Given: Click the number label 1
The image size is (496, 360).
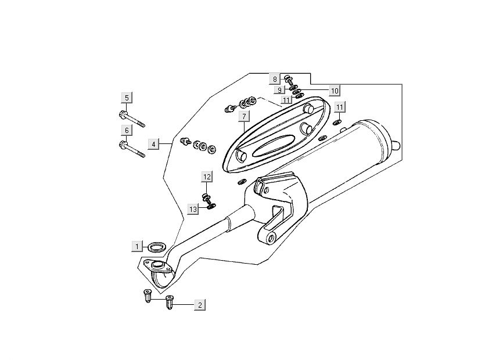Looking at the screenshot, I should tap(136, 246).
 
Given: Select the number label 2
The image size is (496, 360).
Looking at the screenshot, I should tap(199, 304).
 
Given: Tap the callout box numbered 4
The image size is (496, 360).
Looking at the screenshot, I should tap(153, 143).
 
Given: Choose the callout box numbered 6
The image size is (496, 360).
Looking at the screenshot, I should tap(126, 130).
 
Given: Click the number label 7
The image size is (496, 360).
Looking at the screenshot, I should tap(245, 117).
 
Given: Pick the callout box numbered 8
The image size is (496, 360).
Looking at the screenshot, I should tap(276, 78).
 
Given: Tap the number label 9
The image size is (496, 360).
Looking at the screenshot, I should tap(279, 90).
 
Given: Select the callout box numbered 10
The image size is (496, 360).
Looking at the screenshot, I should tap(334, 91).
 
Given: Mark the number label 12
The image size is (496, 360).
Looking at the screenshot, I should tap(207, 176).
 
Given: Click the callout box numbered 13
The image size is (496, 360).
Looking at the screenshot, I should tap(193, 208).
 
